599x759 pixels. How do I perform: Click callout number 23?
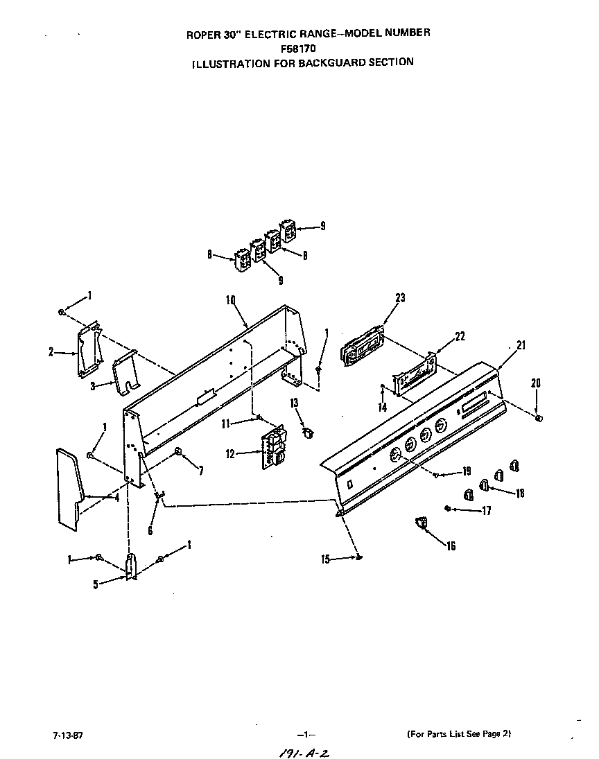pos(400,298)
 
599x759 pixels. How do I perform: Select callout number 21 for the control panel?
pos(521,344)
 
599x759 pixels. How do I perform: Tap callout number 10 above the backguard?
pos(231,299)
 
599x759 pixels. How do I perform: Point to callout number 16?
pos(451,546)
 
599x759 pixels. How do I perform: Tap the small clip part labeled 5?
pos(130,564)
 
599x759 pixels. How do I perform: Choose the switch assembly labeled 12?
pos(273,448)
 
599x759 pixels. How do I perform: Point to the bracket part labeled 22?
pos(413,375)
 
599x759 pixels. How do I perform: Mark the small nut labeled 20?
pos(540,418)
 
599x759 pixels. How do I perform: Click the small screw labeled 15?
pos(358,556)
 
